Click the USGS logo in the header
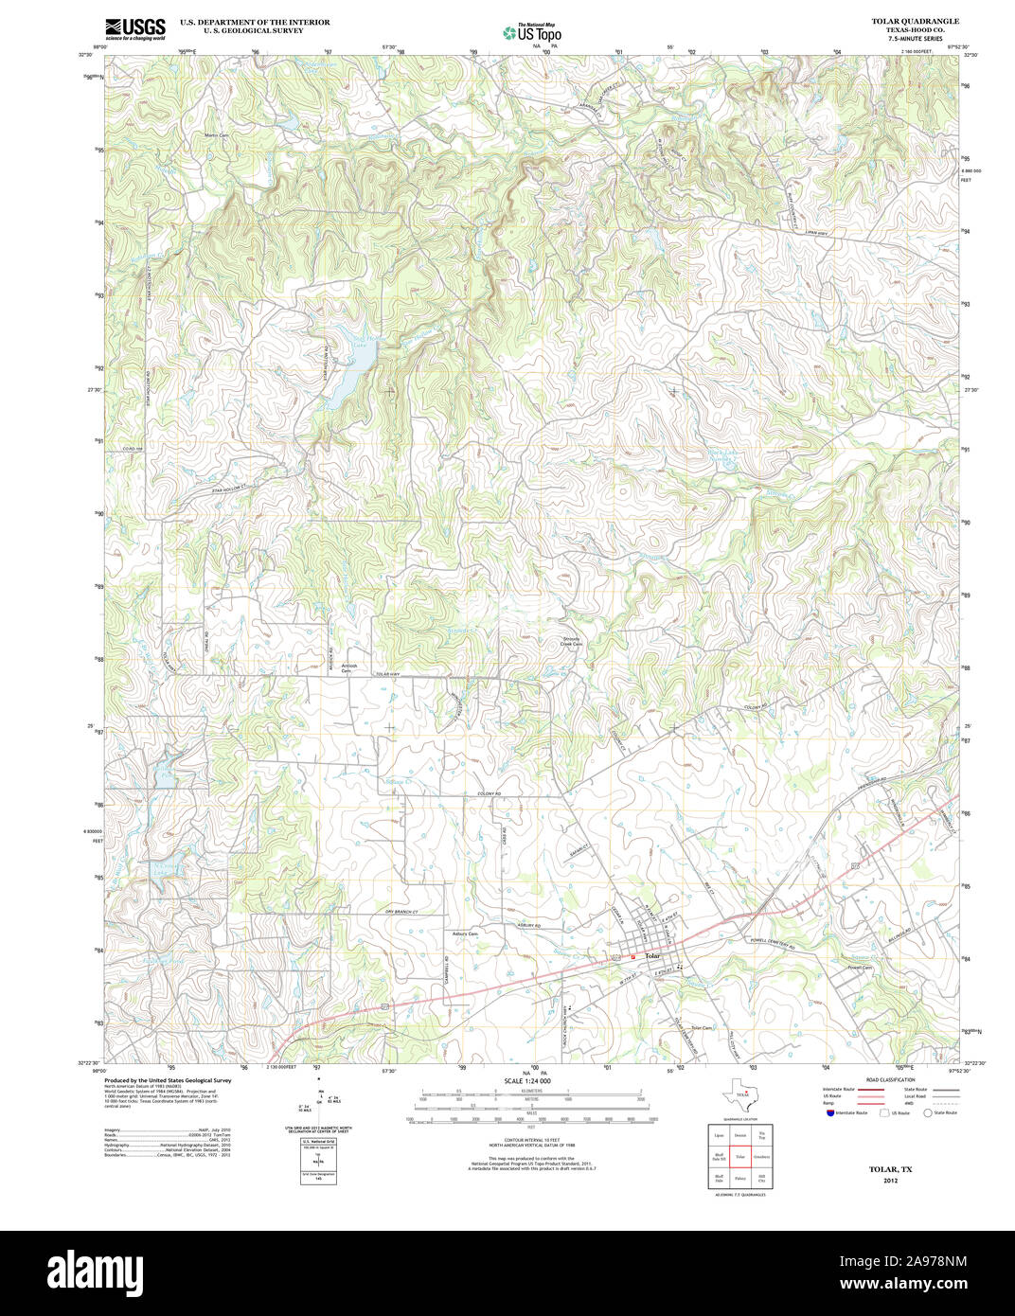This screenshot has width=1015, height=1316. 134,27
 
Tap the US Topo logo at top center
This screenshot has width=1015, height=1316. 531,32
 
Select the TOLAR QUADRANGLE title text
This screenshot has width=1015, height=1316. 915,21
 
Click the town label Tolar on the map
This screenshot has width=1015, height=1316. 652,956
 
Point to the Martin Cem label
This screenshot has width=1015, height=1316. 217,135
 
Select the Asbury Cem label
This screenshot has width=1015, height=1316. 465,934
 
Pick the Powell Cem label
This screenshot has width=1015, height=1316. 860,968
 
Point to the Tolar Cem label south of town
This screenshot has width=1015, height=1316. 701,1027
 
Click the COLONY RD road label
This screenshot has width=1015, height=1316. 489,793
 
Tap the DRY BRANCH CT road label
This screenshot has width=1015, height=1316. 401,911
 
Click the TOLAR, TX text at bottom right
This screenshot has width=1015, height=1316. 890,1169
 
